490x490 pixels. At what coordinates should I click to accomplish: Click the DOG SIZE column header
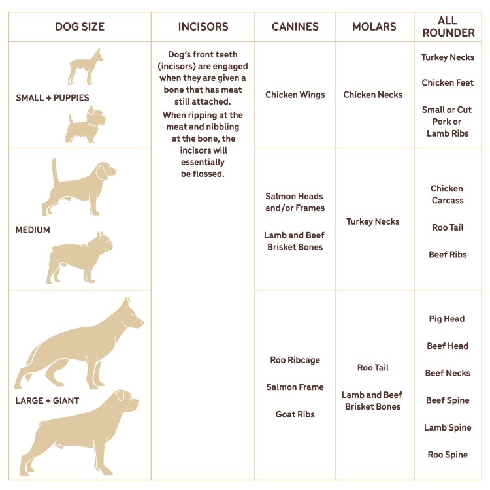coord(80,27)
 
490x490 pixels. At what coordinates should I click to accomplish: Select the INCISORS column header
coord(203,27)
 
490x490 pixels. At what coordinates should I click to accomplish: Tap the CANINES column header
coord(295,27)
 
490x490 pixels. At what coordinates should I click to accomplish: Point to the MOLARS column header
coord(374,27)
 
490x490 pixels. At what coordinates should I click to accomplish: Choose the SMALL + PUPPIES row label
coord(52,98)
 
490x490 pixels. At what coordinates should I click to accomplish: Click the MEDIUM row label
coord(33,230)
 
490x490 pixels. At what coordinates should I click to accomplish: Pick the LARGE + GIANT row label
coord(47,400)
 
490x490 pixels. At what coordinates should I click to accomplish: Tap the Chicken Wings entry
coord(295,95)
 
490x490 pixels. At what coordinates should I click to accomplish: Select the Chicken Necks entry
coord(373,95)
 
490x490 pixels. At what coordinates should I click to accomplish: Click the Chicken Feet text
coord(448,83)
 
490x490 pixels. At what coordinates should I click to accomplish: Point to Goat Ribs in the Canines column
coord(295,414)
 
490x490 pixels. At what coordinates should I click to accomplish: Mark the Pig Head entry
coord(447,319)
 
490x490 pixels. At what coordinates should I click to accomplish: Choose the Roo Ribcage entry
coord(295,360)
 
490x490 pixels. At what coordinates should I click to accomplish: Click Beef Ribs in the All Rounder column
coord(448,255)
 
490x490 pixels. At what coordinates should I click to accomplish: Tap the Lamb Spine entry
coord(448,427)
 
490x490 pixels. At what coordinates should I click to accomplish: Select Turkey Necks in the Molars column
coord(373,221)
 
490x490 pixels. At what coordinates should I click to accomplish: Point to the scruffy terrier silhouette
coord(86,126)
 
